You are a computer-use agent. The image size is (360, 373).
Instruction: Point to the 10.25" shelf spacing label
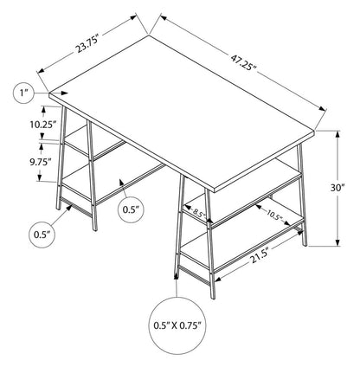click(42, 124)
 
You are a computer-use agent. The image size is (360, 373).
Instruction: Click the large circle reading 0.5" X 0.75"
click(181, 325)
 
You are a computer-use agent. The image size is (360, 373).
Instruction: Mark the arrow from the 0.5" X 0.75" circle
click(180, 286)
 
